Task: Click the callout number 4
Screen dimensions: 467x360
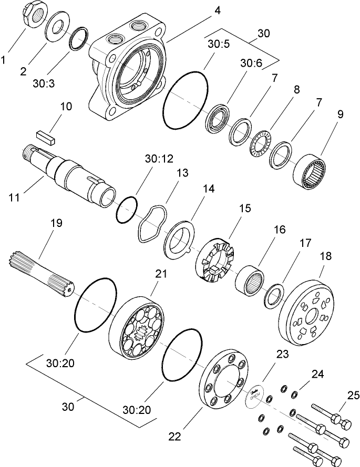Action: pyautogui.click(x=217, y=10)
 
